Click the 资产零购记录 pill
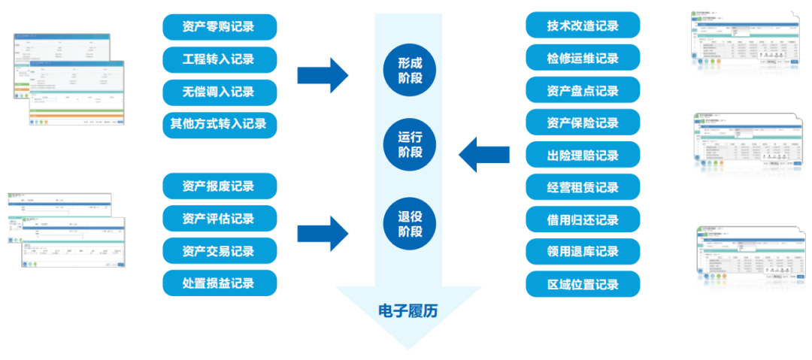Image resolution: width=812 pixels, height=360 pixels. pos(220,27)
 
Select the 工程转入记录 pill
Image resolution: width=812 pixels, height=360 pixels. pos(220,59)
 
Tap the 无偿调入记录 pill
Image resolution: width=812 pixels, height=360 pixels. pos(220,92)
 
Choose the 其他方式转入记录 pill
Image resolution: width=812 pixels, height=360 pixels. pos(220,124)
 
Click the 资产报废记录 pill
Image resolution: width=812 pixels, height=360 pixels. pos(220,186)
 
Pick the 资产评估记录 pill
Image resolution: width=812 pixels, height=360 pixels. pos(220,219)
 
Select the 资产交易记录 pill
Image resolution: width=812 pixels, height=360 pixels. pos(220,251)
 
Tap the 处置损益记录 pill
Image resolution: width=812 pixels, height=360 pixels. pos(220,283)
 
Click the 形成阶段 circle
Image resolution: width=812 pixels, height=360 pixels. pos(410,70)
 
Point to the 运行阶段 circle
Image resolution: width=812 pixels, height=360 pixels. pos(410,144)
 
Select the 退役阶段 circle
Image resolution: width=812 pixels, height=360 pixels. pos(410,223)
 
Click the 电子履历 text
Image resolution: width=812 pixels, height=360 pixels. pos(408,310)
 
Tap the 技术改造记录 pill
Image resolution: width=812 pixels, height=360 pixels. pos(583,26)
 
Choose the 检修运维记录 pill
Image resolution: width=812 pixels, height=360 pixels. pos(583,58)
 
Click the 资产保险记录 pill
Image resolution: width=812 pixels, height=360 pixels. pos(583,123)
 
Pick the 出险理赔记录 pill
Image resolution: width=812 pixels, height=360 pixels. pos(583,155)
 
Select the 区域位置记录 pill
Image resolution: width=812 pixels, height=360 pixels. pos(583,284)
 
